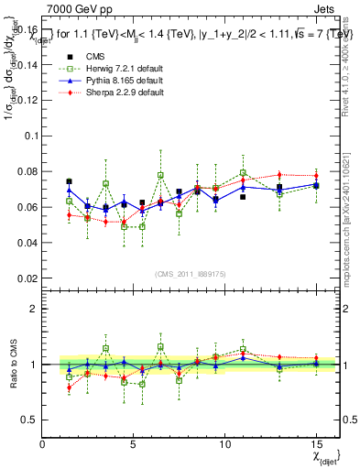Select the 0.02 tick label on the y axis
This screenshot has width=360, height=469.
pos(26,278)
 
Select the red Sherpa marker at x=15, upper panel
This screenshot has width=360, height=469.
pos(316,175)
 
